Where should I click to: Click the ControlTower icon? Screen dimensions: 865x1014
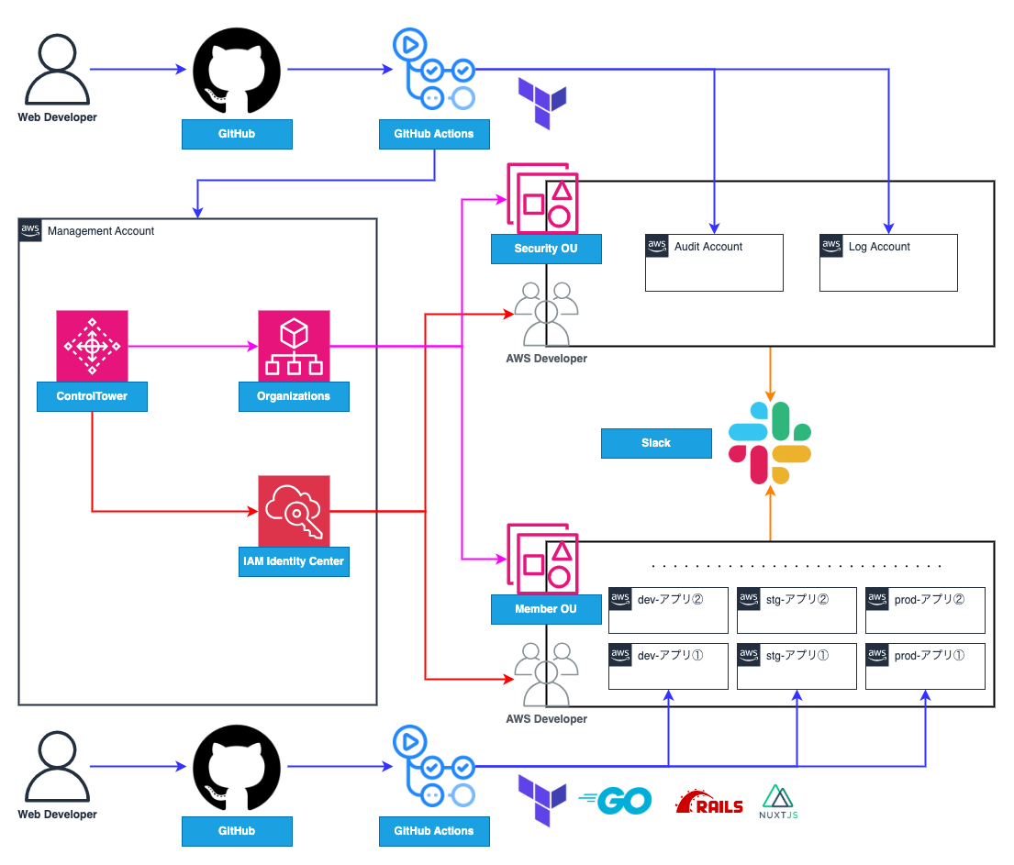click(x=92, y=345)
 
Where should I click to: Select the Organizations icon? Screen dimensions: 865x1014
click(x=294, y=345)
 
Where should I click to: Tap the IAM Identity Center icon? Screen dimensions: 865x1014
click(x=294, y=510)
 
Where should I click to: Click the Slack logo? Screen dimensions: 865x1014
click(x=770, y=443)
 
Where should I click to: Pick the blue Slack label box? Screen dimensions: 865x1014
click(x=656, y=443)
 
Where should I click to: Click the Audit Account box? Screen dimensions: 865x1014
click(x=714, y=262)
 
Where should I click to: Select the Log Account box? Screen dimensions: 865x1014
click(x=888, y=262)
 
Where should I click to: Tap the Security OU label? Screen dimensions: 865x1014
click(x=546, y=250)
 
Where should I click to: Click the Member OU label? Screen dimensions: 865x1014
click(x=546, y=609)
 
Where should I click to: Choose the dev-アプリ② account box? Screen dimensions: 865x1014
click(x=668, y=610)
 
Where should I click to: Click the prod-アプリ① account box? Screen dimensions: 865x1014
click(x=925, y=666)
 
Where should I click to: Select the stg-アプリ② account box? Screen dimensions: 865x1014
click(x=797, y=610)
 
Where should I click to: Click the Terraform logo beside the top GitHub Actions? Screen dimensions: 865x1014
click(x=542, y=102)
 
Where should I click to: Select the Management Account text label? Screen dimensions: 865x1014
click(x=101, y=231)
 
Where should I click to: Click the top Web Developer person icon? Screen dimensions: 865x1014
click(x=57, y=72)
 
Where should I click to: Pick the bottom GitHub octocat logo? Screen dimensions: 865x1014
click(x=237, y=768)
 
